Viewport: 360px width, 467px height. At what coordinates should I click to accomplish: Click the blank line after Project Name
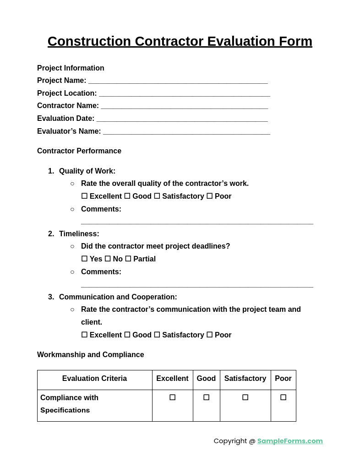tap(178, 81)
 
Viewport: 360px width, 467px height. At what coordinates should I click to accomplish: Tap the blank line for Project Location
tap(184, 94)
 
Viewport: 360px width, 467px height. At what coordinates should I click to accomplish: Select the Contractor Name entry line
tap(184, 106)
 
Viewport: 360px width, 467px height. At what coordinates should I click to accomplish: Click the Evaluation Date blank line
tap(182, 119)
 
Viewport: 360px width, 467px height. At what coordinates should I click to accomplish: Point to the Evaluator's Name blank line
tap(186, 132)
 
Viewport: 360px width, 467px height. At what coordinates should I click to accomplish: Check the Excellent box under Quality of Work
tap(84, 196)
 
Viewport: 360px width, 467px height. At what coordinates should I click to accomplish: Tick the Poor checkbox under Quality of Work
tap(209, 196)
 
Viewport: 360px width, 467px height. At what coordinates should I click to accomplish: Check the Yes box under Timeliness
tap(84, 259)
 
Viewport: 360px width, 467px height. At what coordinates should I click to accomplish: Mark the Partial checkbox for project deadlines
tap(128, 259)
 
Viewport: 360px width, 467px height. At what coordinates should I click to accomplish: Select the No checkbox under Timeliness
tap(108, 259)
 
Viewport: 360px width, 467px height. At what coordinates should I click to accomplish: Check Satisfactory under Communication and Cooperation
tap(157, 335)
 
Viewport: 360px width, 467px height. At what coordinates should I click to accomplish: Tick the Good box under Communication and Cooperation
tap(127, 335)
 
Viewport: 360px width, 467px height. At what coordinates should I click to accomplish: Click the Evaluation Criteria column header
tap(94, 379)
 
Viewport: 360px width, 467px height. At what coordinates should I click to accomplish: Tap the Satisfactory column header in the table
tap(245, 379)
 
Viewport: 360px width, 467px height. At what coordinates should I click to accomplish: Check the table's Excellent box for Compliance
tap(172, 397)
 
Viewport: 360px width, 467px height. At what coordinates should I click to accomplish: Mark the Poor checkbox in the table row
tap(283, 397)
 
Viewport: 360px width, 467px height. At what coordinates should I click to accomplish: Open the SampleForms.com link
tap(290, 441)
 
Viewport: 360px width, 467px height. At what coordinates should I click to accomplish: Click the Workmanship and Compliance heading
tap(91, 355)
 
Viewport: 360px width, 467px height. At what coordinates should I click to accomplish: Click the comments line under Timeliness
tap(197, 285)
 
